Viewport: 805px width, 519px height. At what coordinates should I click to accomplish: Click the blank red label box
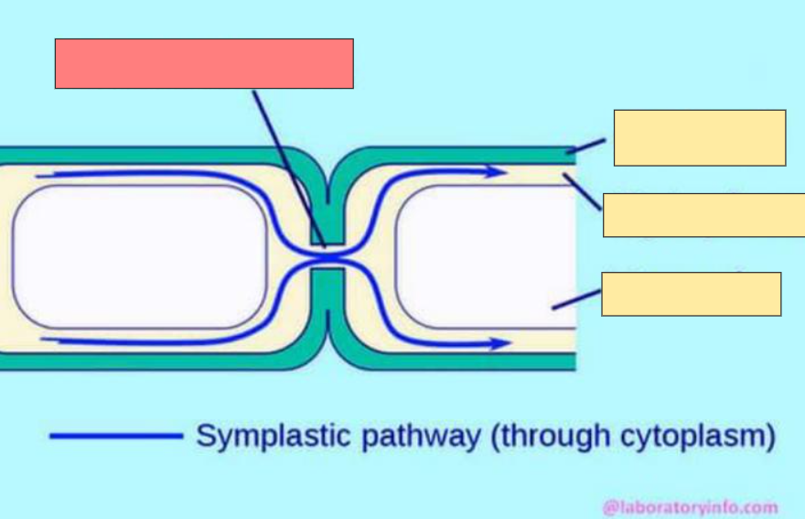pos(204,63)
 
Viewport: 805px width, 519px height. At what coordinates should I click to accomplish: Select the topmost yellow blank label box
pos(699,137)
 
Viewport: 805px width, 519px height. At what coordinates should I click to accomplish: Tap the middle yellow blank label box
pos(703,215)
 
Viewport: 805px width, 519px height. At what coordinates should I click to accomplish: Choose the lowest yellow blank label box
pos(691,293)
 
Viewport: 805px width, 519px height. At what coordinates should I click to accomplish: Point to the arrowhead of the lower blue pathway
pos(499,343)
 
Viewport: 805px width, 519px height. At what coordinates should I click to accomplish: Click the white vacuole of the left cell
pos(137,256)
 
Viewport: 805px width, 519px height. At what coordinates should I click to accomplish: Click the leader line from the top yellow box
pos(585,146)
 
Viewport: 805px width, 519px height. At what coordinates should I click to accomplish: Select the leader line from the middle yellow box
pos(583,192)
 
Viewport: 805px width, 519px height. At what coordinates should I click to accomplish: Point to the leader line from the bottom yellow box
pos(576,298)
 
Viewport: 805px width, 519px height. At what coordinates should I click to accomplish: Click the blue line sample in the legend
pos(116,436)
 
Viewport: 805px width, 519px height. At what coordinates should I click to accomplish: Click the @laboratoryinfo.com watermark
pos(691,506)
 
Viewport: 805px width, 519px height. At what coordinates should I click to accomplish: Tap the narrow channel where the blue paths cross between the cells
pos(327,257)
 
